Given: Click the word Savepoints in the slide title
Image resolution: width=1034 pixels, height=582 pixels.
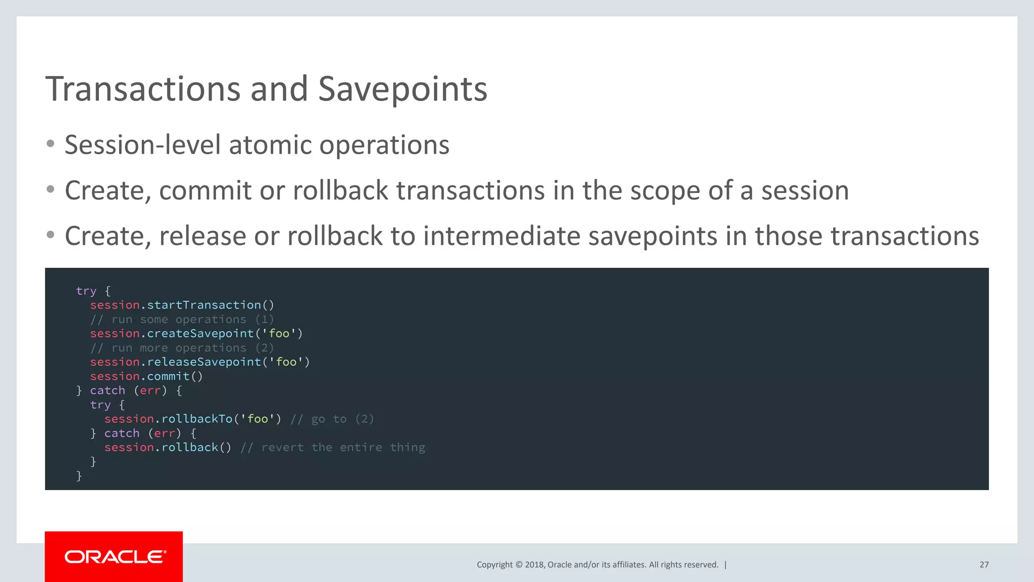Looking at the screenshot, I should point(402,89).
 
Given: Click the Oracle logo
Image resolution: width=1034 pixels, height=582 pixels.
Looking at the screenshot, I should point(115,557).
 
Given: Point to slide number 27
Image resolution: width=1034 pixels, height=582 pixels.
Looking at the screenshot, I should point(984,565).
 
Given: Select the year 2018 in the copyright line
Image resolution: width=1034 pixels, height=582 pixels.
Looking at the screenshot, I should point(534,565).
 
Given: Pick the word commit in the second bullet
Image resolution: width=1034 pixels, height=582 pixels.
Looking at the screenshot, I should point(205,191).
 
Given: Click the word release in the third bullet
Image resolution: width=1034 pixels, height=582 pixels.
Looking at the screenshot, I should point(202,236).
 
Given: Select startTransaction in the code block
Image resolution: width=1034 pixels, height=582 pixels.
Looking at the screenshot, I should point(204,305).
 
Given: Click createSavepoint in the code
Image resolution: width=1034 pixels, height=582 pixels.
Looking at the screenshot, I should point(200,333).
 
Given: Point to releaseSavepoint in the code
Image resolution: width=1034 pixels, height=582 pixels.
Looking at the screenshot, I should point(204,362).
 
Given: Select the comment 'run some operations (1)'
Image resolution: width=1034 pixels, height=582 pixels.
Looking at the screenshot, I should point(182,320).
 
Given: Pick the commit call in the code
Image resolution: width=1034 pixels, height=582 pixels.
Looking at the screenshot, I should point(168,376).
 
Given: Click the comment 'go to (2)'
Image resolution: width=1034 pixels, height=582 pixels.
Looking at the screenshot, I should point(332,419).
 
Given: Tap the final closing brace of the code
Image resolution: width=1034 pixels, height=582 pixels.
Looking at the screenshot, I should point(79,476).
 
